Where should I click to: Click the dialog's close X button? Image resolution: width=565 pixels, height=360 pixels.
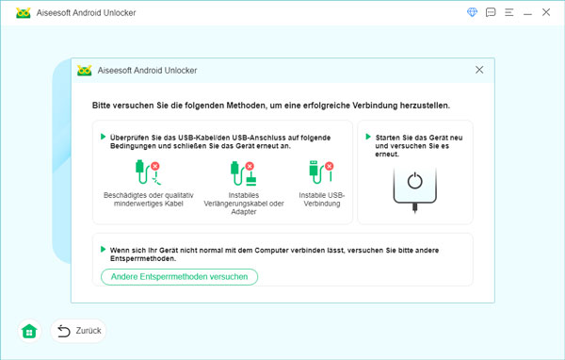pyautogui.click(x=479, y=70)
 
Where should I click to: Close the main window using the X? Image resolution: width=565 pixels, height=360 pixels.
pyautogui.click(x=546, y=12)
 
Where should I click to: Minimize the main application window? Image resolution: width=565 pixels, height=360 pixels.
pyautogui.click(x=527, y=14)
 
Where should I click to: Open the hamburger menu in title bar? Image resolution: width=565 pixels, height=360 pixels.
pyautogui.click(x=508, y=12)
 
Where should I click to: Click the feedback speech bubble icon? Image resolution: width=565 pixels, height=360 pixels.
pyautogui.click(x=491, y=12)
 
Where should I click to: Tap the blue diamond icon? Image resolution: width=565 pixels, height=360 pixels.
pyautogui.click(x=472, y=12)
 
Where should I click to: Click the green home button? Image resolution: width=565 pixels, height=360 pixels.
pyautogui.click(x=29, y=331)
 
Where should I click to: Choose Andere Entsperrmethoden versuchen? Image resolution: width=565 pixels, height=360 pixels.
pyautogui.click(x=179, y=277)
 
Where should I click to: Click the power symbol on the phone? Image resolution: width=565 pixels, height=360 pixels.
pyautogui.click(x=414, y=180)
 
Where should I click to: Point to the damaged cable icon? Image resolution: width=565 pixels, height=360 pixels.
pyautogui.click(x=148, y=172)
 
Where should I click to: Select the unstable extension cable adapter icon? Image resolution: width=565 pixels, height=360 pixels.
pyautogui.click(x=243, y=173)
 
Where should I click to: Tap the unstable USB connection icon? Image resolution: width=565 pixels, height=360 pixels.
pyautogui.click(x=321, y=172)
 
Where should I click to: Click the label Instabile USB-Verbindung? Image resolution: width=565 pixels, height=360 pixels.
pyautogui.click(x=322, y=199)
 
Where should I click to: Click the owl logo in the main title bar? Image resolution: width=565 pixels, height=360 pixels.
pyautogui.click(x=24, y=13)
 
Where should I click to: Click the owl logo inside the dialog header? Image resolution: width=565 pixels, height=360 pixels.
pyautogui.click(x=85, y=71)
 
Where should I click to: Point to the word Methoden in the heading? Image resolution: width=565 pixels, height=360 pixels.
pyautogui.click(x=246, y=106)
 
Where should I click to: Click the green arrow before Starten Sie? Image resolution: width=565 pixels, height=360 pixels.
pyautogui.click(x=368, y=137)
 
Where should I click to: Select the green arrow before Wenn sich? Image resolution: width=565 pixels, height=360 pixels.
pyautogui.click(x=103, y=249)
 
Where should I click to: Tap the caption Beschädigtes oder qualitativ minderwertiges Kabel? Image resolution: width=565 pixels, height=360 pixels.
pyautogui.click(x=149, y=199)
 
